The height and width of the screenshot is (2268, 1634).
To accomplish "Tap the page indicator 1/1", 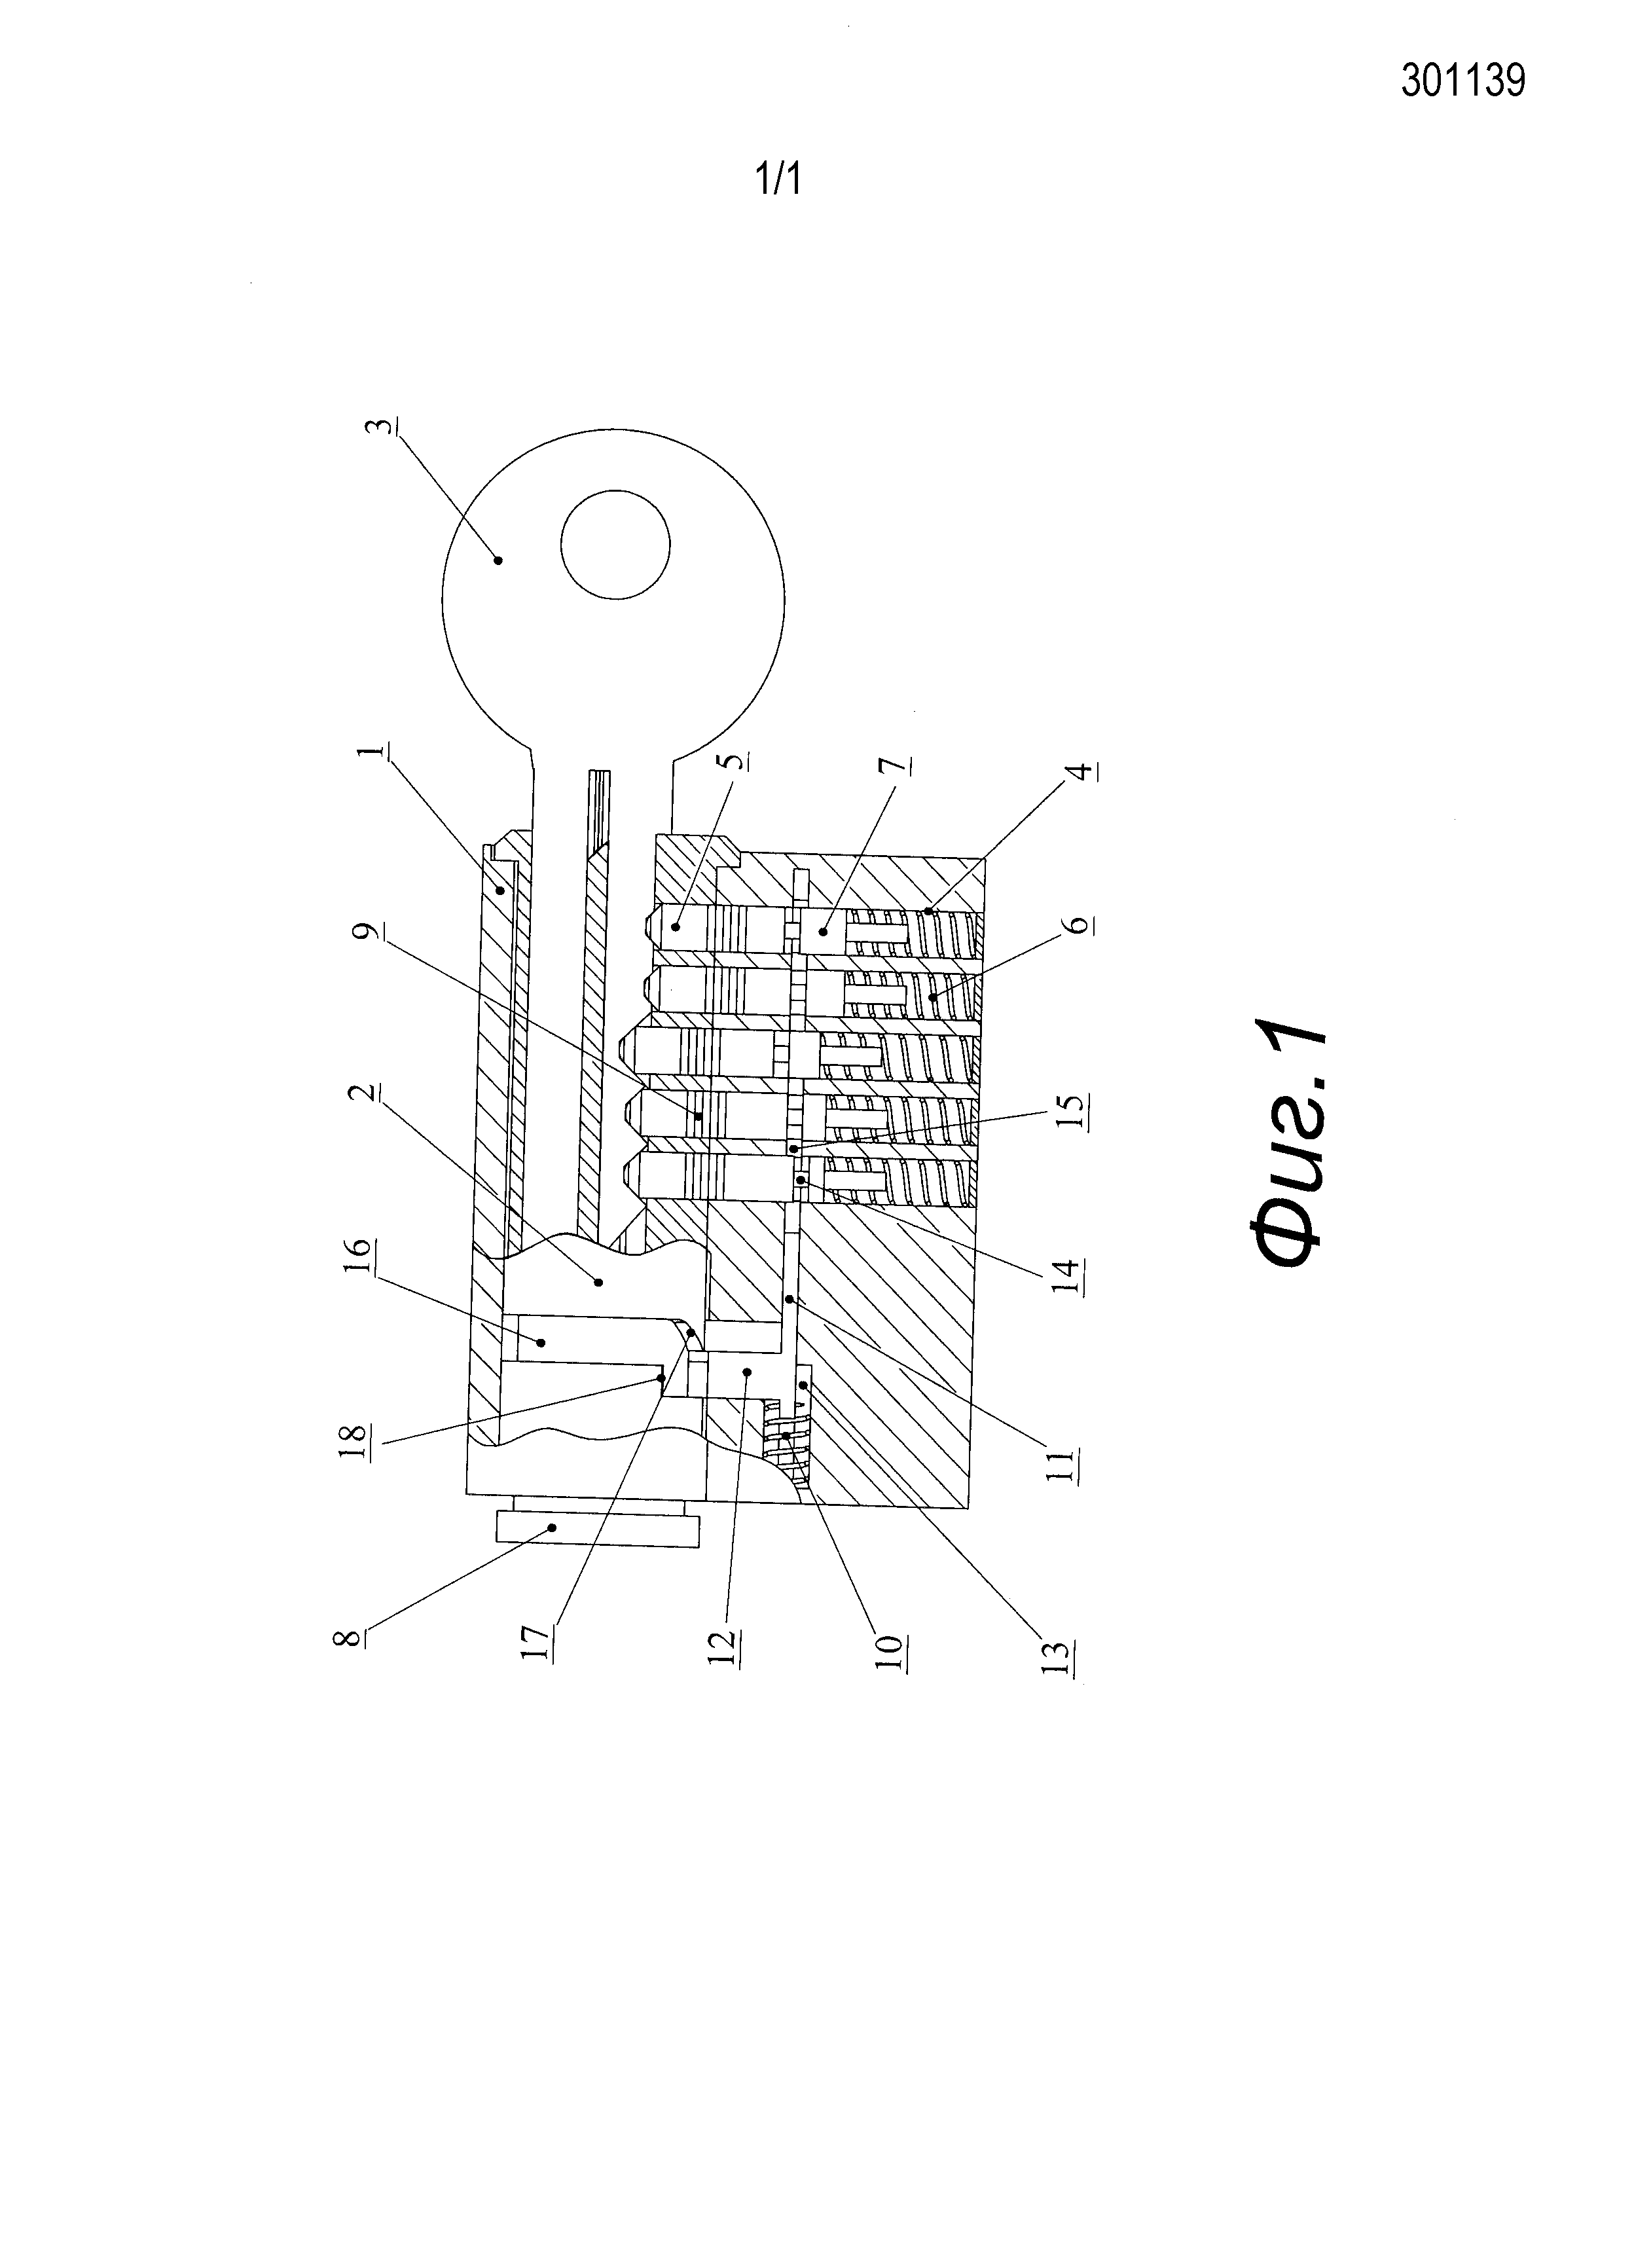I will click(778, 180).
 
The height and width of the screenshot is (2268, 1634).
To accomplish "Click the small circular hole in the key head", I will click(614, 545).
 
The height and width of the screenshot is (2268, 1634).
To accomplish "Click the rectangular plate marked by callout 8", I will click(597, 1529).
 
